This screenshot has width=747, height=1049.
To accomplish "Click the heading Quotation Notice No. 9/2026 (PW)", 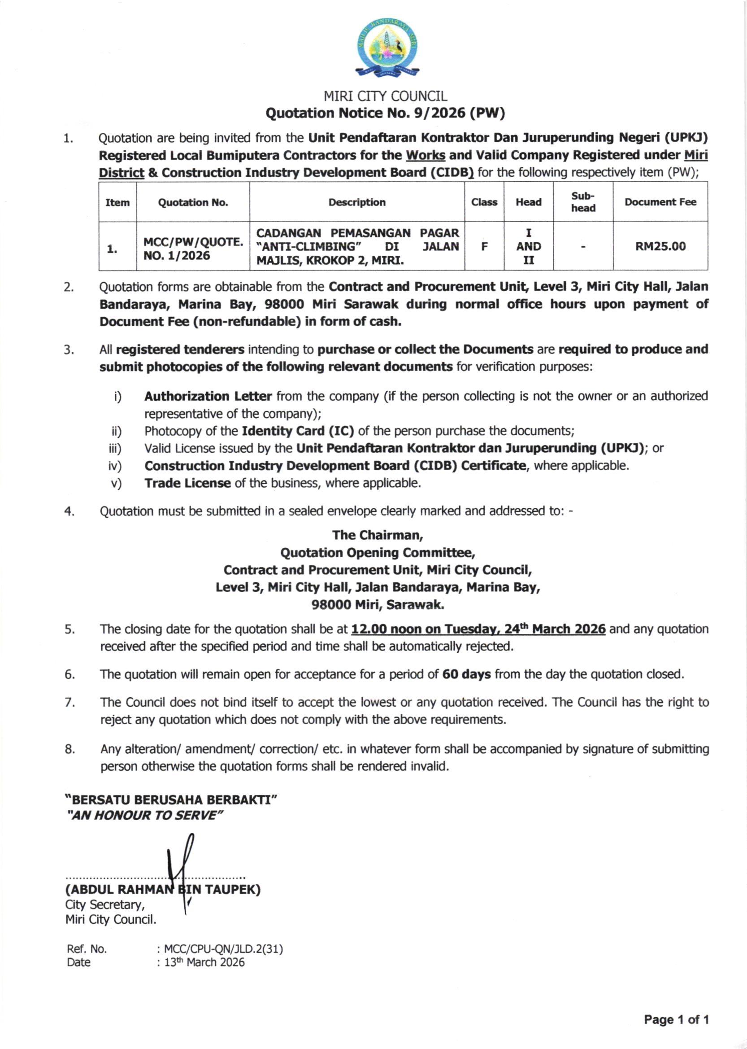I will (x=386, y=113).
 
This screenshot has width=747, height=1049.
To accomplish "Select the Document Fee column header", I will (x=660, y=202).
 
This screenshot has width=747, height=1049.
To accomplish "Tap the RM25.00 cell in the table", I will (x=660, y=247).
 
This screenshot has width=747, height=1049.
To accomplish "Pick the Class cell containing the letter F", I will (x=484, y=247).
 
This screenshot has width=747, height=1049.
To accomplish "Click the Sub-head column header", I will (x=583, y=202).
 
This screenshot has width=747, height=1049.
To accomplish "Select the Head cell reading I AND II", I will (x=529, y=247).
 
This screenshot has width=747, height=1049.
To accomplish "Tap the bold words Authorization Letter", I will (x=208, y=396).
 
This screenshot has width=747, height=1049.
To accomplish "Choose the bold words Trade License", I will (x=187, y=483).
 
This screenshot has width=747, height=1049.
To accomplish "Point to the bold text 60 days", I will (x=466, y=674).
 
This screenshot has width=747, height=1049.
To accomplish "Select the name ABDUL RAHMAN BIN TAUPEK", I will (x=163, y=889).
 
